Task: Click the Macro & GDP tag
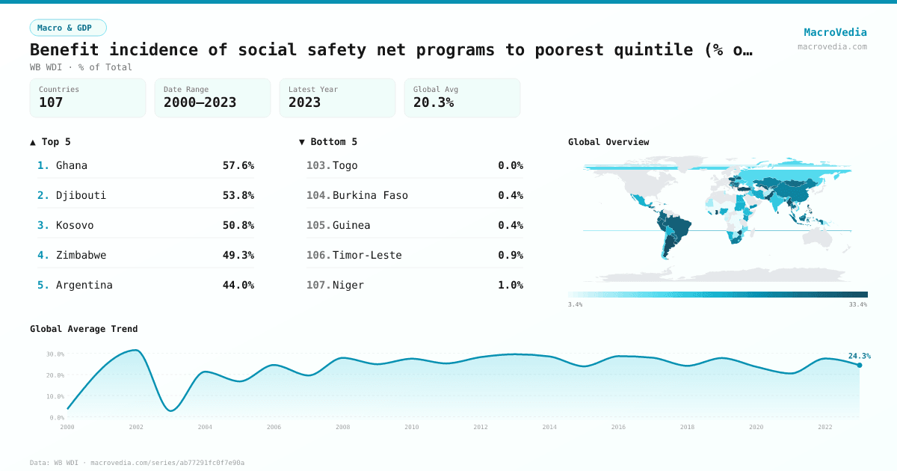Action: pyautogui.click(x=68, y=28)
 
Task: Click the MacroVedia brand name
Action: pyautogui.click(x=835, y=32)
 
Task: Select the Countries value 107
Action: pyautogui.click(x=51, y=102)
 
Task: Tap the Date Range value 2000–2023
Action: pyautogui.click(x=200, y=102)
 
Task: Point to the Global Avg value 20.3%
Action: pyautogui.click(x=434, y=102)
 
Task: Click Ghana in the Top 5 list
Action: pyautogui.click(x=72, y=165)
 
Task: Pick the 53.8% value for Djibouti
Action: pyautogui.click(x=238, y=195)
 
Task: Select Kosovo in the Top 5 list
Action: pyautogui.click(x=75, y=225)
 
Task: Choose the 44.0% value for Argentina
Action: pyautogui.click(x=238, y=285)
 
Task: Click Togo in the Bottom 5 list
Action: pyautogui.click(x=345, y=165)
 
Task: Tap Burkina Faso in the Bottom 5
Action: pyautogui.click(x=370, y=195)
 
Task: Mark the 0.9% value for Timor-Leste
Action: pyautogui.click(x=511, y=255)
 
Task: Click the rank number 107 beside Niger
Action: pyautogui.click(x=318, y=285)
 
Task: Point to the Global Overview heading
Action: pyautogui.click(x=608, y=142)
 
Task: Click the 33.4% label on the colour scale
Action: pyautogui.click(x=857, y=304)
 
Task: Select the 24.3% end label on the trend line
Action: pyautogui.click(x=860, y=356)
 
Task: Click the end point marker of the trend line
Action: pyautogui.click(x=859, y=365)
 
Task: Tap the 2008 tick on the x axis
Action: pyautogui.click(x=342, y=427)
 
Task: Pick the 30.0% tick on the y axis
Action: pyautogui.click(x=55, y=354)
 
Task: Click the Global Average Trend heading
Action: pyautogui.click(x=84, y=329)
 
